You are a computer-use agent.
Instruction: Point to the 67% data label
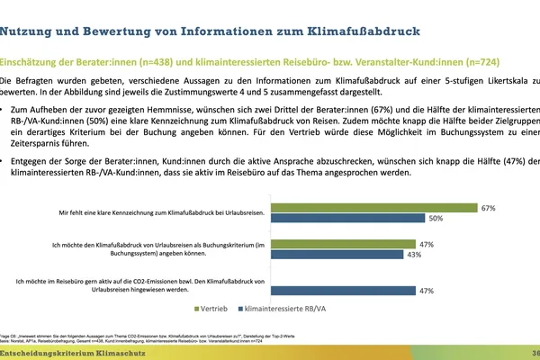pos(514,208)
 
